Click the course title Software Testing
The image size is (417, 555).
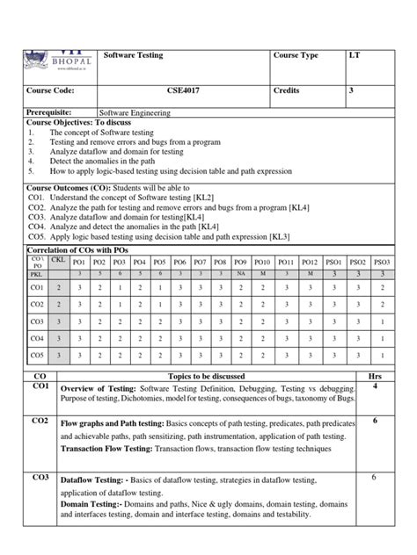[133, 55]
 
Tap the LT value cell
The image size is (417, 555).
[355, 55]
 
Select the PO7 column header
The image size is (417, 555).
[200, 262]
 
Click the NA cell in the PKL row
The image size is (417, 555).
[240, 274]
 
